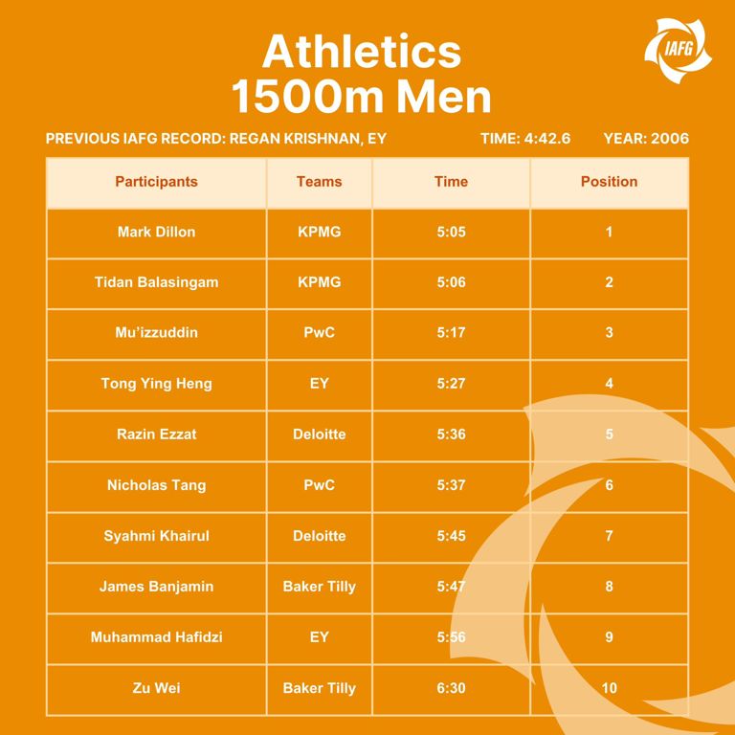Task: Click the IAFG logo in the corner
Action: click(678, 50)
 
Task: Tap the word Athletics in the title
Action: click(362, 52)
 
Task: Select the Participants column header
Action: click(157, 182)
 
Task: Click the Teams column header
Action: click(320, 182)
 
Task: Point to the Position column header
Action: click(609, 182)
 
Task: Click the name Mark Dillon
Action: click(157, 232)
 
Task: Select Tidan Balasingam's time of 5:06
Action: click(452, 282)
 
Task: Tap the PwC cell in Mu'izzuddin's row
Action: click(320, 332)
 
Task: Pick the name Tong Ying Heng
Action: click(157, 384)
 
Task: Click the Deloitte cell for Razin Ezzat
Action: click(320, 434)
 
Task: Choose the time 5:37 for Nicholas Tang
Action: click(452, 484)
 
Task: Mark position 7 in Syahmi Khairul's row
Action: click(609, 535)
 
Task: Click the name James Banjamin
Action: click(157, 587)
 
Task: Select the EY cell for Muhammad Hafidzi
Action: click(320, 637)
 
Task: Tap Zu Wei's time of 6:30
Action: click(452, 688)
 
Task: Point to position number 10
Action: click(609, 688)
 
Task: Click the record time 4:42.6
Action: click(547, 138)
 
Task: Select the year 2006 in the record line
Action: click(670, 138)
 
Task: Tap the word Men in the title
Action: click(444, 97)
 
